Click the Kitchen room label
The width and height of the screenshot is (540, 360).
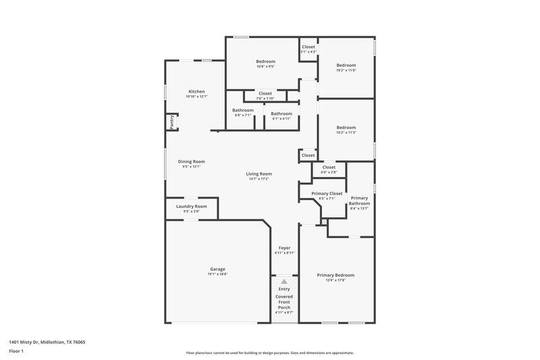click(196, 91)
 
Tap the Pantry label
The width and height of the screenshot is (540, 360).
click(171, 122)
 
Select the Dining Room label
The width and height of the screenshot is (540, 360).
click(191, 161)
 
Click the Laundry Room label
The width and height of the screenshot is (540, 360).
click(191, 206)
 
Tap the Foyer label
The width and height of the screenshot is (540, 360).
click(284, 248)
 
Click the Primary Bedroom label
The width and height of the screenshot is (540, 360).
click(336, 275)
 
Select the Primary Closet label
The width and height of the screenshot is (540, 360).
click(327, 194)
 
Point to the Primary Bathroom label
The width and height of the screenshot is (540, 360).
click(359, 200)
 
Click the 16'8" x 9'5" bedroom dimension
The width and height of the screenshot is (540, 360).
click(265, 67)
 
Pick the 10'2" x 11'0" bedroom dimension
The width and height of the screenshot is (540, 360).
click(346, 70)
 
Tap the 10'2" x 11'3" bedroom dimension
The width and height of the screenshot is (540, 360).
click(346, 132)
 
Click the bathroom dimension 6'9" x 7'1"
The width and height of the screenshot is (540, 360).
click(243, 115)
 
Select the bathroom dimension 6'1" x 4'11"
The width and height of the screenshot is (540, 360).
click(281, 118)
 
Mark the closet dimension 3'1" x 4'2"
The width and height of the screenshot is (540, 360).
click(308, 52)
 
